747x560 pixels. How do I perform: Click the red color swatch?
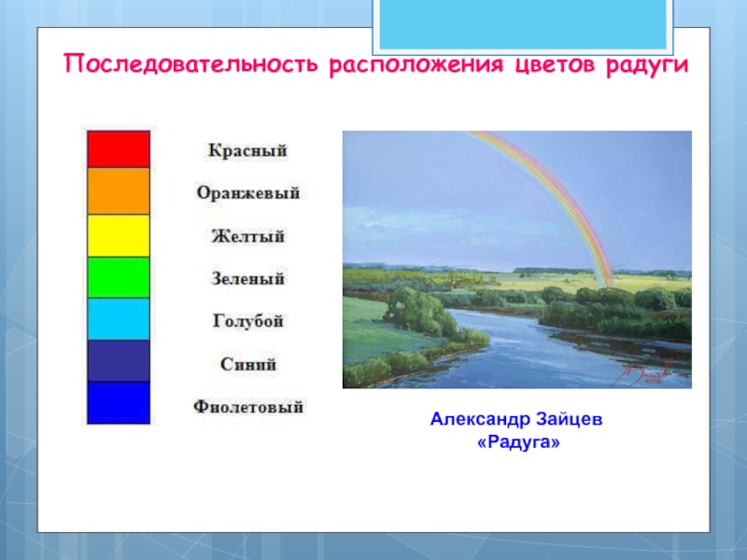point(119,149)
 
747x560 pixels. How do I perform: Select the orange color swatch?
point(119,191)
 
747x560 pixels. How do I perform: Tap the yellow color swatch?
point(119,236)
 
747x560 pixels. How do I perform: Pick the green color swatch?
point(119,277)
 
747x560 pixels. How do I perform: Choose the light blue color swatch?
point(119,319)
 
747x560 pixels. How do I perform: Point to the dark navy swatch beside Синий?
point(119,361)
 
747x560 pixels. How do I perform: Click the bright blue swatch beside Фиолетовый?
point(119,403)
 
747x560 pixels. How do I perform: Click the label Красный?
point(247,150)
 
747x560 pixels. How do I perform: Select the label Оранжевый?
point(248,193)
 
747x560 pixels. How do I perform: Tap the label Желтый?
point(248,236)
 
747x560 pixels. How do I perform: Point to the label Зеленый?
point(248,278)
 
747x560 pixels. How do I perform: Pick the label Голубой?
point(248,321)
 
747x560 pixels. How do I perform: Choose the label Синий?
point(248,364)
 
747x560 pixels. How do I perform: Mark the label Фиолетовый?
point(248,407)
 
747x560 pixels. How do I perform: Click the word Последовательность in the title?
point(190,63)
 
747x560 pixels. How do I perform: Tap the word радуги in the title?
point(647,65)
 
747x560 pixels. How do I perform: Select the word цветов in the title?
point(555,64)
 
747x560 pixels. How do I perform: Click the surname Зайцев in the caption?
point(569,419)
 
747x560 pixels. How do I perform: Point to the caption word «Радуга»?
point(518,442)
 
